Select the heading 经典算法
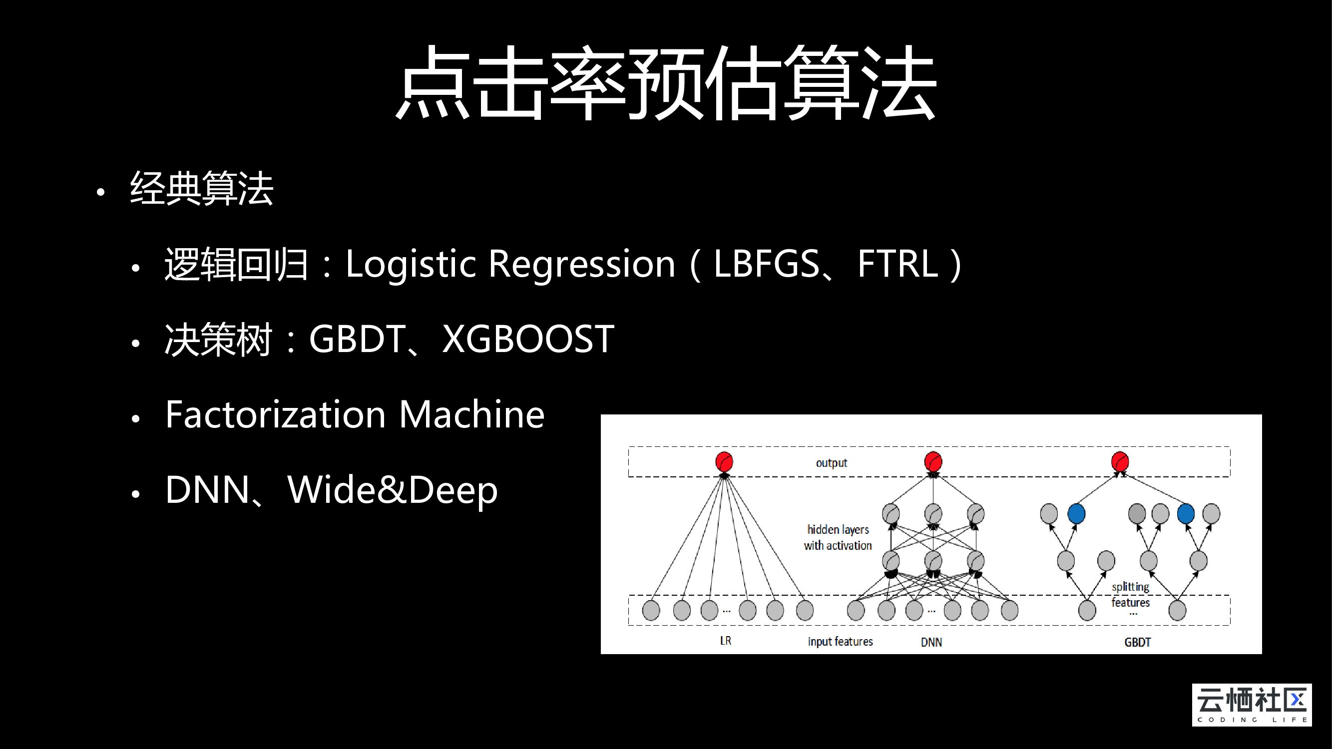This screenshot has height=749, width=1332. [202, 189]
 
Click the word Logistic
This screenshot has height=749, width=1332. [410, 264]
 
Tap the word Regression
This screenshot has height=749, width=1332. [582, 264]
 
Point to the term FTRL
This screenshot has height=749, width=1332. [897, 264]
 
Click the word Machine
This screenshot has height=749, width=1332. [471, 414]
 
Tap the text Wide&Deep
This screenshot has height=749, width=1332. [393, 490]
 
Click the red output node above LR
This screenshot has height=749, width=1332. [724, 461]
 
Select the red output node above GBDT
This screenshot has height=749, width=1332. [1120, 461]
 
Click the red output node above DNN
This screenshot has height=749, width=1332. [933, 461]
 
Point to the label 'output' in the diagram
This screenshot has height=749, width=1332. [832, 463]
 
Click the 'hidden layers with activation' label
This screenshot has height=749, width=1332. [838, 538]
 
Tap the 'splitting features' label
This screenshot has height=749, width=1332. [1130, 594]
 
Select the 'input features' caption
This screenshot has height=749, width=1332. [840, 642]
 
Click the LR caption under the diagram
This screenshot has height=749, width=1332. [726, 641]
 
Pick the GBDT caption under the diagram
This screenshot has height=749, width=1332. [1138, 642]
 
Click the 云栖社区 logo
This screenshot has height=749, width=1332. [1251, 705]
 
